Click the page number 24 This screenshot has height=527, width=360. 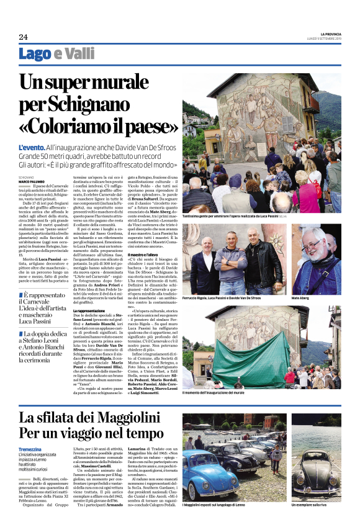tap(23, 37)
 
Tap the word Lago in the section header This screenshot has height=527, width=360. tap(35, 54)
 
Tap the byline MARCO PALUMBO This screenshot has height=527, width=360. tap(32, 182)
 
